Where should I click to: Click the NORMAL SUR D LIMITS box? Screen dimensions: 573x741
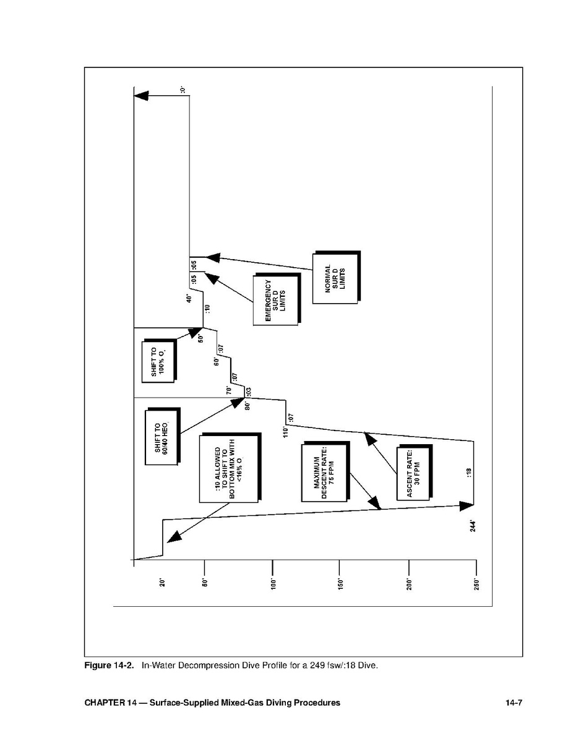point(336,277)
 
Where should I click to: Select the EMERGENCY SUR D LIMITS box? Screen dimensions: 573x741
point(277,299)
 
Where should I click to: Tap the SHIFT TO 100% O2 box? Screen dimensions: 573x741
point(159,360)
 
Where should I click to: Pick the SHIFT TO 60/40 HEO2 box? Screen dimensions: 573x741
point(163,435)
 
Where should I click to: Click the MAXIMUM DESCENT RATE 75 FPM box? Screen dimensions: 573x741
point(325,472)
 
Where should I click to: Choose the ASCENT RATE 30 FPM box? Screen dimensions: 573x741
point(414,472)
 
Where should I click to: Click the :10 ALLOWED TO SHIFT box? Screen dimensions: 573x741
point(230,468)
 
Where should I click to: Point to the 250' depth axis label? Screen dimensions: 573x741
point(476,584)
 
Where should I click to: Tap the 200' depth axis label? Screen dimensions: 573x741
point(410,584)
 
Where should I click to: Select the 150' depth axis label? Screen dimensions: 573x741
point(340,584)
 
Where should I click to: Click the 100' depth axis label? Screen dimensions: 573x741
point(273,584)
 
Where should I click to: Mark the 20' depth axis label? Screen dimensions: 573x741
point(162,583)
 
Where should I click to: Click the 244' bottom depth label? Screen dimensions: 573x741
point(473,526)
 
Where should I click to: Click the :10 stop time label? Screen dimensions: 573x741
point(207,309)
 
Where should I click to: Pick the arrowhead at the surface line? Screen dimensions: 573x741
point(141,95)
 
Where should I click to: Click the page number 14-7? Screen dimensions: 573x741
point(514,703)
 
